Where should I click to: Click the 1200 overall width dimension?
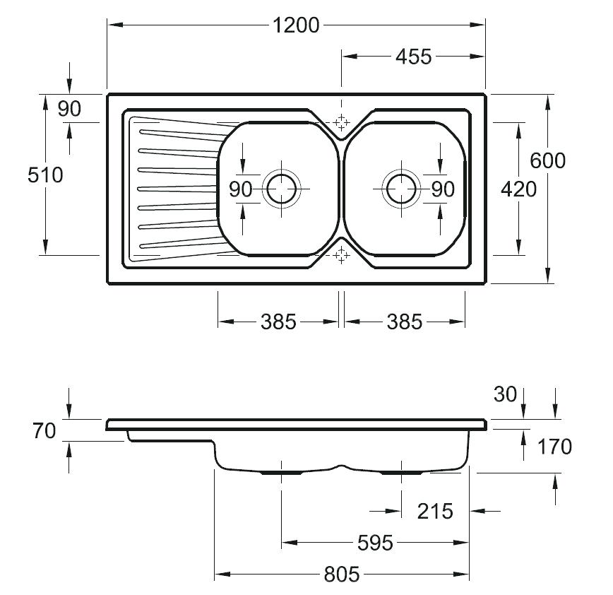tap(295, 25)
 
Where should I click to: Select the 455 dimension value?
tap(413, 57)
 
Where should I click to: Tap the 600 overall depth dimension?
tap(547, 161)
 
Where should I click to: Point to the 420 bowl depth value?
tap(518, 189)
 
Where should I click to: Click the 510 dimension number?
tap(45, 175)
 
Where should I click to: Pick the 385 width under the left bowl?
tap(278, 322)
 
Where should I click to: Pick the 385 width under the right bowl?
tap(404, 322)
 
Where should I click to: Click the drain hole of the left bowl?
tap(282, 189)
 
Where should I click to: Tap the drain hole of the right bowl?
tap(401, 189)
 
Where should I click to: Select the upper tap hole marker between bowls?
tap(341, 122)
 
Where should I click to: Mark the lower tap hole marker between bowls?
tap(341, 255)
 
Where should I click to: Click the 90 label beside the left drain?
tap(240, 189)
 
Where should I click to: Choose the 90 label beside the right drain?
tap(443, 189)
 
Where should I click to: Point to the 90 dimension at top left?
tap(69, 109)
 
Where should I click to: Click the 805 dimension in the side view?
tap(341, 575)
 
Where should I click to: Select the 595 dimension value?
tap(375, 543)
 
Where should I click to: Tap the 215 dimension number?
tap(435, 512)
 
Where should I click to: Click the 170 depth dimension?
tap(554, 447)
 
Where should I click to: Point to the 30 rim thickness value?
tap(505, 394)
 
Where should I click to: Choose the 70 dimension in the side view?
tap(44, 431)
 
